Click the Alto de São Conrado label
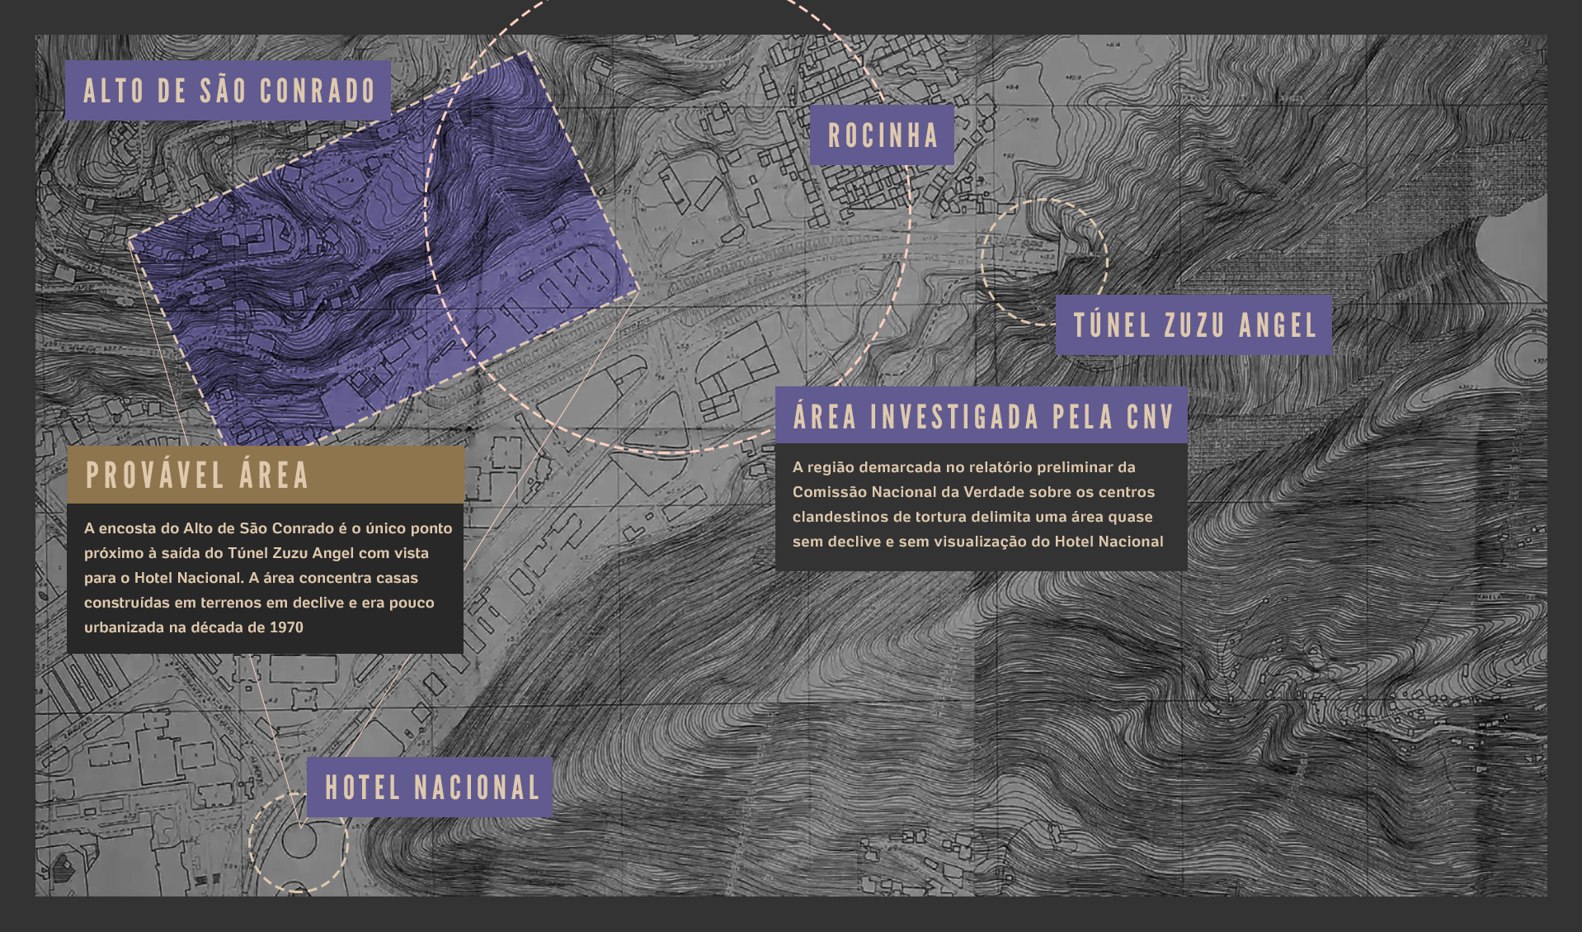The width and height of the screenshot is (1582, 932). click(x=228, y=91)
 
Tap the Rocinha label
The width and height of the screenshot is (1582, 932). click(x=883, y=135)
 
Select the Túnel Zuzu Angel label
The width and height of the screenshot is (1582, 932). click(x=1194, y=325)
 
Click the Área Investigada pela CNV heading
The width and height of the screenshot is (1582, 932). click(x=982, y=416)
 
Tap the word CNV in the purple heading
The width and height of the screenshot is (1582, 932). click(x=1150, y=417)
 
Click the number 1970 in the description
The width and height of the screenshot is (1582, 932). click(x=286, y=627)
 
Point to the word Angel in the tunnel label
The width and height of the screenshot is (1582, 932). click(x=1278, y=325)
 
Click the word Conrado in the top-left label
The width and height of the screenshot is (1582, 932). click(x=318, y=91)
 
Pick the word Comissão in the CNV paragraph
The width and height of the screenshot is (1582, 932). click(x=827, y=492)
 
